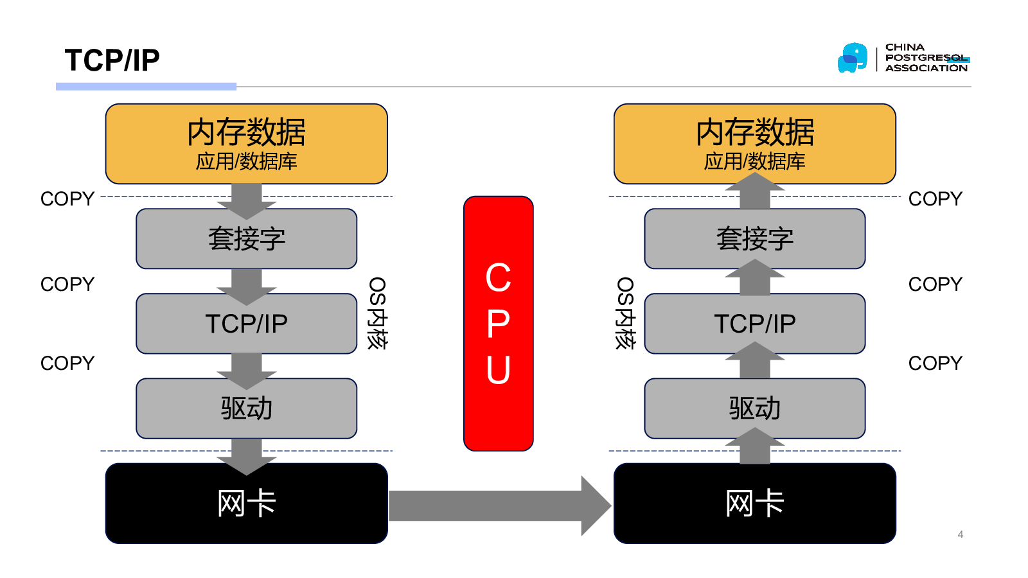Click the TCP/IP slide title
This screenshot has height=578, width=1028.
(x=112, y=60)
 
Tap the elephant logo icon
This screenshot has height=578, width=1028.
(x=853, y=58)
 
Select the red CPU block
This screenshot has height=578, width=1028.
(x=499, y=324)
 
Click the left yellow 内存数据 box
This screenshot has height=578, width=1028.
(x=247, y=144)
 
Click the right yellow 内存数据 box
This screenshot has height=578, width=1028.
(x=755, y=144)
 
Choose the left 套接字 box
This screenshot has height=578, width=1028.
(x=247, y=239)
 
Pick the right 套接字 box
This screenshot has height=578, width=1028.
(x=755, y=239)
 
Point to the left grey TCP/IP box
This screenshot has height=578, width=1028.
(x=247, y=324)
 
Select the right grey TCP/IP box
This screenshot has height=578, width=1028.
(x=755, y=324)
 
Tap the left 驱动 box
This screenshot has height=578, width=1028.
(x=247, y=408)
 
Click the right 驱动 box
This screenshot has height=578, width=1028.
(x=755, y=408)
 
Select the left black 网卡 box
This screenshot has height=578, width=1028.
(x=247, y=504)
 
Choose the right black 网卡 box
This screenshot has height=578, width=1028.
(x=755, y=504)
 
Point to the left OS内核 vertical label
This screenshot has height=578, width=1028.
(x=377, y=313)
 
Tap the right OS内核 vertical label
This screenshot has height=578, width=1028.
(x=625, y=313)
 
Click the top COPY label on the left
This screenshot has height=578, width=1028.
(x=67, y=199)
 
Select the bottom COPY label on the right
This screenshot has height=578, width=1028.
(x=935, y=363)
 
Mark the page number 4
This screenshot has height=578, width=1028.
(x=961, y=534)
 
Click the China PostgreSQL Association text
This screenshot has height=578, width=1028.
(x=926, y=58)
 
